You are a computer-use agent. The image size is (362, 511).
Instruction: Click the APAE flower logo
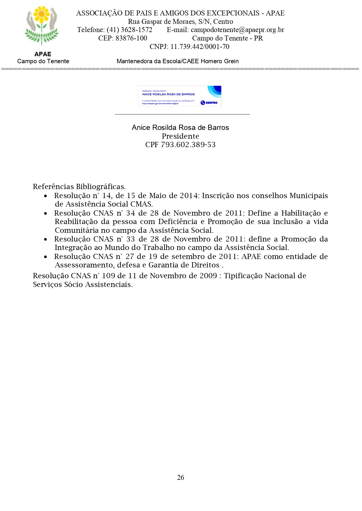(42, 26)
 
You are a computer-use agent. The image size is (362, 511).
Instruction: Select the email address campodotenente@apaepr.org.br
(237, 30)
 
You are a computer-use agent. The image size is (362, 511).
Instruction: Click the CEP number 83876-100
(131, 38)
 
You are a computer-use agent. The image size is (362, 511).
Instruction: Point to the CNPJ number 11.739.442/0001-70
(200, 47)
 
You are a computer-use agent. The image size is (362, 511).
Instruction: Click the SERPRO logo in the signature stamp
(209, 103)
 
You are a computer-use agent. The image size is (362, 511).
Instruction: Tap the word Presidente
(180, 136)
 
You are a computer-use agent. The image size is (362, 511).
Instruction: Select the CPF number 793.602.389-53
(188, 145)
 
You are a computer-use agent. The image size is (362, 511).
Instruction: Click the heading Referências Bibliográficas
(79, 187)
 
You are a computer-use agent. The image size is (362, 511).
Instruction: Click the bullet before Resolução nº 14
(46, 196)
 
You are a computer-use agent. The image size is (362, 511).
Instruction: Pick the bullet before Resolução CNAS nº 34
(46, 214)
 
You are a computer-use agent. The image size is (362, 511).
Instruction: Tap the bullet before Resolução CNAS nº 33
(46, 239)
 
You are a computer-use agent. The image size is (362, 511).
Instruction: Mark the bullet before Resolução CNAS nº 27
(46, 257)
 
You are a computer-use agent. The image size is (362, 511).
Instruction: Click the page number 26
(181, 477)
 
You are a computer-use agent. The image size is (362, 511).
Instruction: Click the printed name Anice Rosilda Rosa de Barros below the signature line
(180, 128)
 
